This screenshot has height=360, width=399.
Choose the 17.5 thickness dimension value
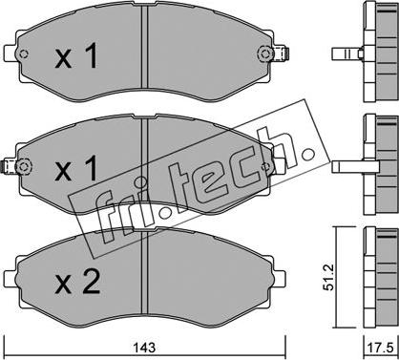[x=382, y=349]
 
